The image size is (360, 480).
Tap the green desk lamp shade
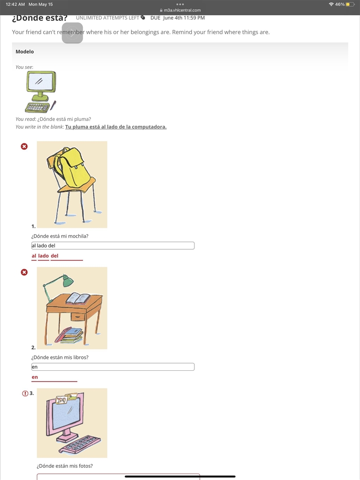68,280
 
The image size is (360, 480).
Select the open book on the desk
78,298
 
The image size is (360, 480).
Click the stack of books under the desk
69,335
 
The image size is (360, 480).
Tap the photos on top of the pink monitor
67,398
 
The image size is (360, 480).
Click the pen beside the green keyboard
53,105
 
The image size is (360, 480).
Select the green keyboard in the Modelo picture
37,108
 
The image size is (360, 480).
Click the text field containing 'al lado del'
112,246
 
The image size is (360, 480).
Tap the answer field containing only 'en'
112,367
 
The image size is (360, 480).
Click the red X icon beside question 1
24,146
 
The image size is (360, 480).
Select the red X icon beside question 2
24,272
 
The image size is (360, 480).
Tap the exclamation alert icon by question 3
25,393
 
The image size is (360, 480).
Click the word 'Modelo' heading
25,51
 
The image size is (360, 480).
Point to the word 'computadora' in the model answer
149,127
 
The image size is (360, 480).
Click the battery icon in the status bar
350,4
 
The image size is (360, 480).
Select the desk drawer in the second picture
77,316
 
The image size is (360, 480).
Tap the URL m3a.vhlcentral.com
182,10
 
